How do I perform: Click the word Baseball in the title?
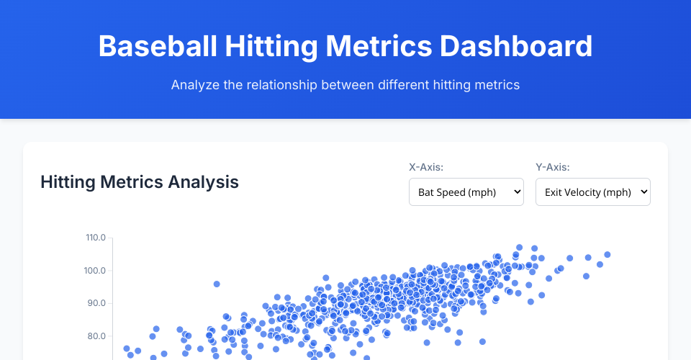(158, 46)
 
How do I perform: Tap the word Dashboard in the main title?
(516, 46)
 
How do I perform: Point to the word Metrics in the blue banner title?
(379, 46)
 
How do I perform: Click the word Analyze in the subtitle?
(195, 85)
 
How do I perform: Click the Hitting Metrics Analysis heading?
(140, 182)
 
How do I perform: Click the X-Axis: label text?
(426, 167)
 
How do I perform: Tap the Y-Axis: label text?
(553, 167)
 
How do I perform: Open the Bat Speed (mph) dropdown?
(466, 192)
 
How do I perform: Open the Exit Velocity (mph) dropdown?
(592, 192)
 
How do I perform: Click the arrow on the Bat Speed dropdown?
(518, 192)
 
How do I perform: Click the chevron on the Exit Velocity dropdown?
(643, 192)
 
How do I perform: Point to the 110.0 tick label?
(96, 238)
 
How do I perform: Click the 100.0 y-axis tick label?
(95, 271)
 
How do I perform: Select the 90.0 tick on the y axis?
(96, 303)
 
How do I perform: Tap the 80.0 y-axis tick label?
(96, 336)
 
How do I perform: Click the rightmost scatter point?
(608, 255)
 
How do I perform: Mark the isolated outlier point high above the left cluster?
(217, 284)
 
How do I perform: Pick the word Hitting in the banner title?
(271, 46)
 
